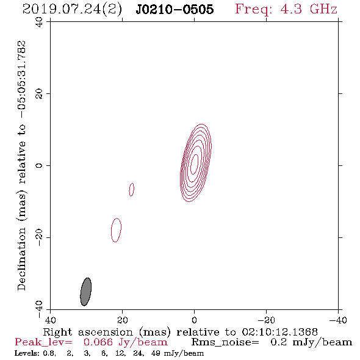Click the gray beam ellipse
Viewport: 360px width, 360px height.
(x=86, y=292)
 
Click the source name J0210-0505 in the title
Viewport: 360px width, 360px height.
(x=175, y=9)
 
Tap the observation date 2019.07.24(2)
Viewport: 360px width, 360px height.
(x=72, y=10)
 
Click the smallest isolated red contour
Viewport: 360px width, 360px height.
(x=132, y=190)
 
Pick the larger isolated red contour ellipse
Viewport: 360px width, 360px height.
(x=116, y=230)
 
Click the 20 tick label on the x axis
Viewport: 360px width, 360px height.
(x=122, y=320)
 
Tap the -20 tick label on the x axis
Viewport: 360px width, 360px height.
(x=266, y=320)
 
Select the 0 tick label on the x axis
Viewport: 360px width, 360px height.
(x=194, y=320)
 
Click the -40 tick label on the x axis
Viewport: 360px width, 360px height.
(x=338, y=320)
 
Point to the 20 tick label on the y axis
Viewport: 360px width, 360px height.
(x=39, y=94)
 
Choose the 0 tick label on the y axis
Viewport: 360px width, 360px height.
(x=39, y=165)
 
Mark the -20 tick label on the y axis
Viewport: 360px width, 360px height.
(x=39, y=237)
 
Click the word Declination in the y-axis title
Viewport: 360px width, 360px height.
(x=21, y=259)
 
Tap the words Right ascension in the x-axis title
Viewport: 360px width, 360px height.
(x=88, y=332)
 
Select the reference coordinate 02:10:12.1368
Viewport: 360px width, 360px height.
(x=279, y=332)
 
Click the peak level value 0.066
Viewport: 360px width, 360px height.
(x=98, y=342)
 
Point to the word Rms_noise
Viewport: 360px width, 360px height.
(x=225, y=342)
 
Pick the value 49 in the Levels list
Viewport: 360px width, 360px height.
(x=156, y=353)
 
